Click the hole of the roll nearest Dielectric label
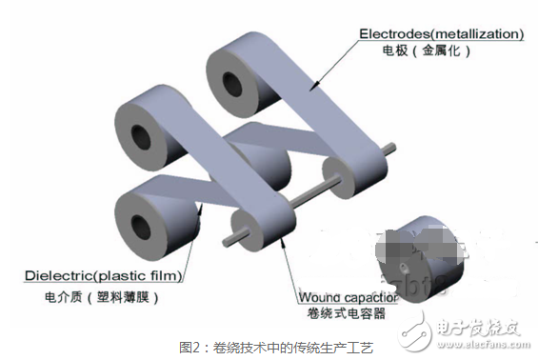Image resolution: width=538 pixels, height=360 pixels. (141, 223)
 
